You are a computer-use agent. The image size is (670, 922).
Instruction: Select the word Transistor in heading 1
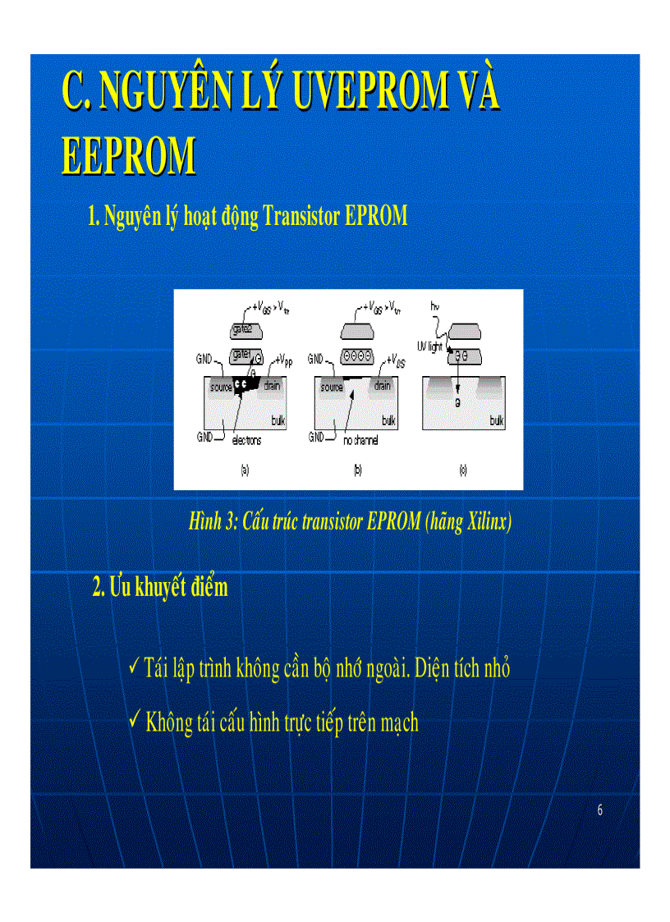[x=301, y=217]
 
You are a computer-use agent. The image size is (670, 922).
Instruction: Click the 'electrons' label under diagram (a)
[x=246, y=441]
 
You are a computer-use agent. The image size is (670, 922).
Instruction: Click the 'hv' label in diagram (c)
[x=434, y=305]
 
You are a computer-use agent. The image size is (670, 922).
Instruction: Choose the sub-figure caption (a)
[x=244, y=470]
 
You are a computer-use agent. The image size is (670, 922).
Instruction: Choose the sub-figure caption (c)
[x=463, y=470]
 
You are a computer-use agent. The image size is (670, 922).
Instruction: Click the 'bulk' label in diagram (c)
[x=496, y=420]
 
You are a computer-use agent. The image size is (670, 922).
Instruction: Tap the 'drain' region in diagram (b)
[x=382, y=387]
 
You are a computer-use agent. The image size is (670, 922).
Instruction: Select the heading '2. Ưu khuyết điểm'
[x=160, y=587]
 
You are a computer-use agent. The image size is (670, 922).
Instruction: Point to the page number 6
[x=600, y=811]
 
